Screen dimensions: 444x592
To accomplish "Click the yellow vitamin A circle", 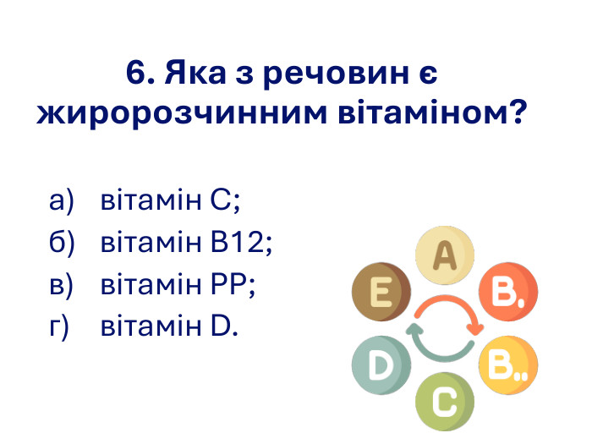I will [445, 254].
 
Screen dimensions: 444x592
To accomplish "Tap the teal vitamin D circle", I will [381, 365].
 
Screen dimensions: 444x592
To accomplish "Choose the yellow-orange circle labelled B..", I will [507, 365].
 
